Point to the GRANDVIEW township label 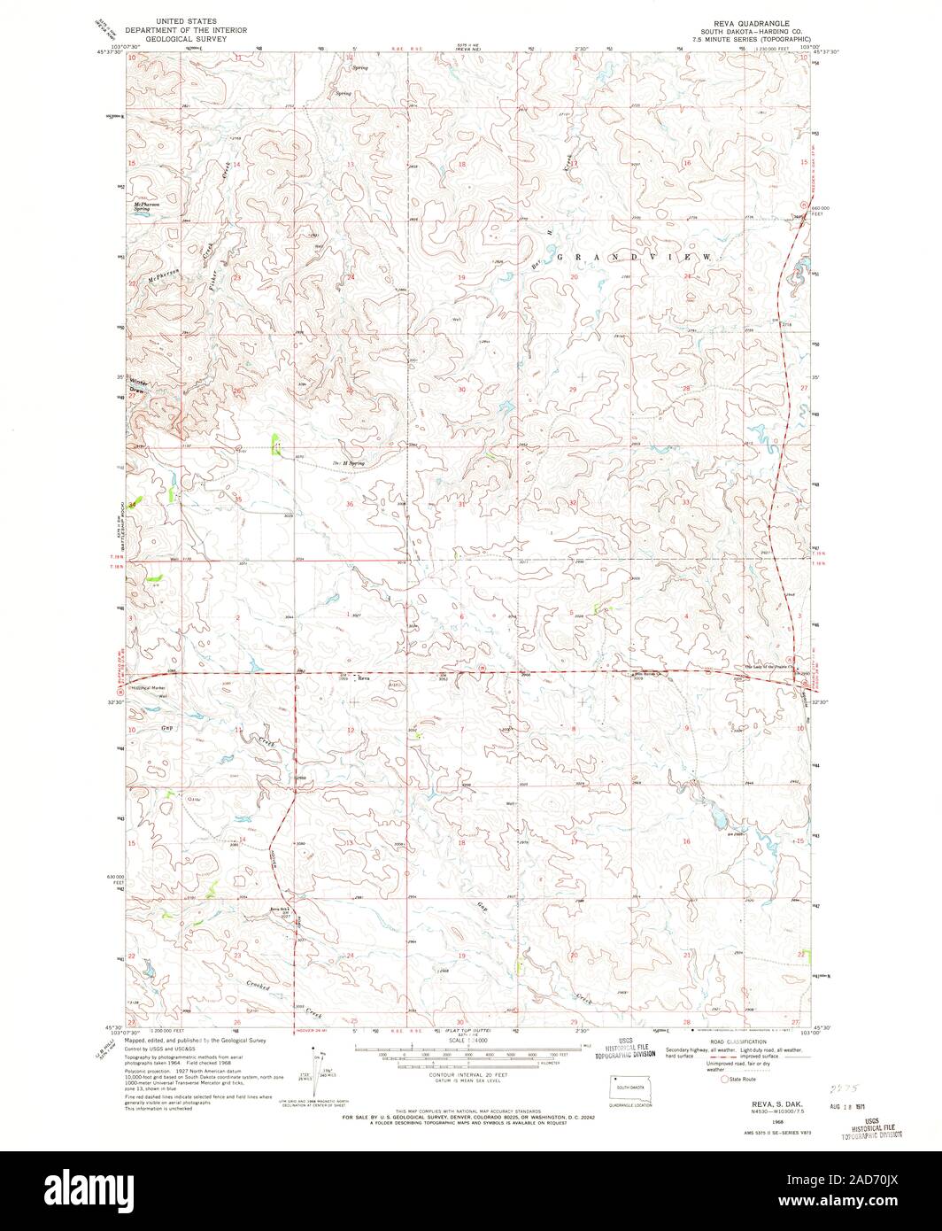pos(633,256)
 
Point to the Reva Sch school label pos(281,910)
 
